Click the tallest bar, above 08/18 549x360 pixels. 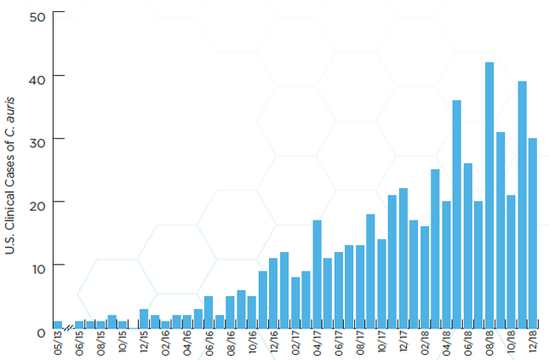pyautogui.click(x=489, y=195)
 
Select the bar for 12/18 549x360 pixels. pyautogui.click(x=533, y=233)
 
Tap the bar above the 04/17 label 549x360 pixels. pyautogui.click(x=317, y=273)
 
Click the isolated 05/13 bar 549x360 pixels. pyautogui.click(x=58, y=324)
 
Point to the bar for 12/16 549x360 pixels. pyautogui.click(x=273, y=293)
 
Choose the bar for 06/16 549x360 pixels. pyautogui.click(x=209, y=311)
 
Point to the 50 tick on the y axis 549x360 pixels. pyautogui.click(x=37, y=14)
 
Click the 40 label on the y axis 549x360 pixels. pyautogui.click(x=37, y=77)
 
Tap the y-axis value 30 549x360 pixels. pyautogui.click(x=37, y=140)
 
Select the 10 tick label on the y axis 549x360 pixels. pyautogui.click(x=37, y=266)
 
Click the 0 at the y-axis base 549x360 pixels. pyautogui.click(x=41, y=332)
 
